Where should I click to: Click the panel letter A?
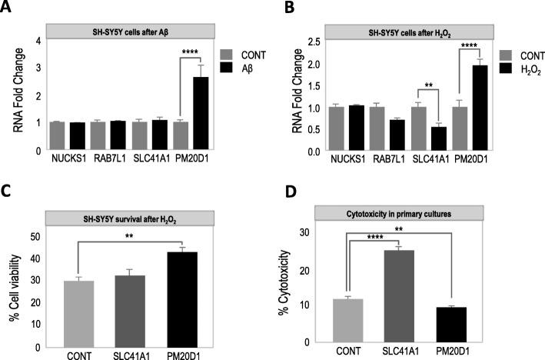pyautogui.click(x=9, y=10)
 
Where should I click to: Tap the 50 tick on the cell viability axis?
pyautogui.click(x=35, y=236)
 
